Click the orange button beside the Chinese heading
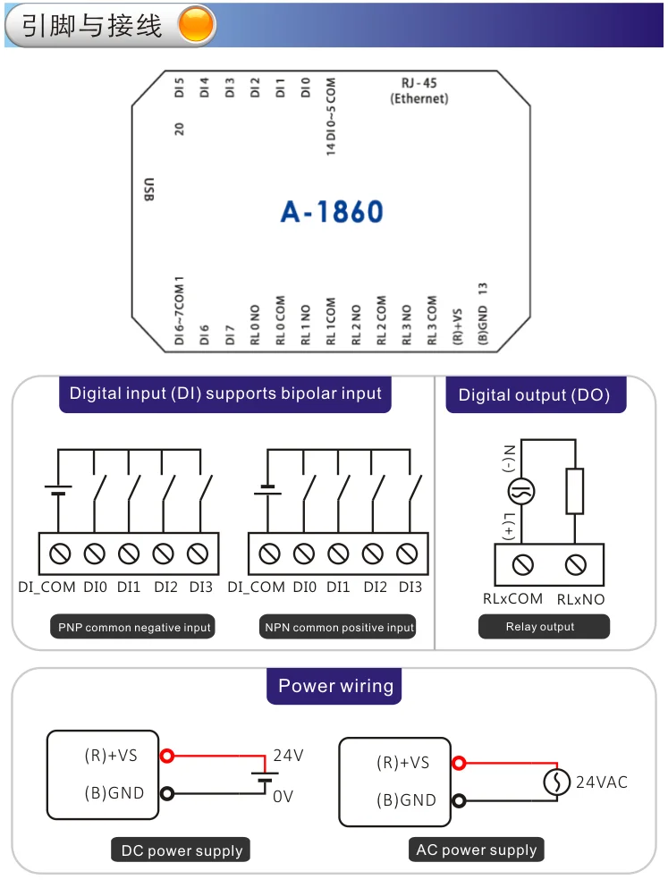(x=197, y=25)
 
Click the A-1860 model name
(x=332, y=212)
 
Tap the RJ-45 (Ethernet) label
(x=419, y=91)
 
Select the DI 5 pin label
(x=180, y=89)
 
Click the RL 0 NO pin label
(x=255, y=324)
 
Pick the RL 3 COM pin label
(x=432, y=321)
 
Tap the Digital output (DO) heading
(x=535, y=394)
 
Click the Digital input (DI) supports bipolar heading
(x=225, y=393)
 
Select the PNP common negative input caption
(x=134, y=628)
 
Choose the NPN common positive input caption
(x=340, y=628)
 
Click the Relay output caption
(x=540, y=627)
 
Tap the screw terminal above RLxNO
(x=575, y=564)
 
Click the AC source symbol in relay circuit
(x=521, y=491)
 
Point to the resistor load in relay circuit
(x=575, y=491)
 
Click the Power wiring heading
(x=335, y=687)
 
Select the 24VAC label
(x=601, y=782)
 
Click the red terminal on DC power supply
(x=165, y=756)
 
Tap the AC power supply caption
(x=477, y=850)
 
